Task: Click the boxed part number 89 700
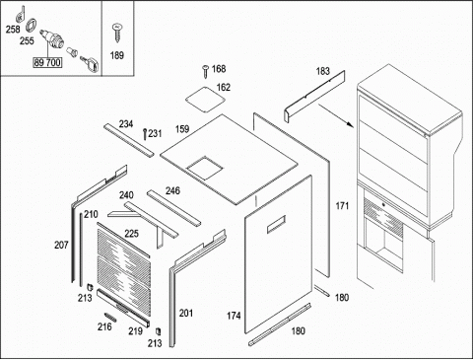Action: (x=47, y=62)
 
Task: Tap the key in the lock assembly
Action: (x=90, y=63)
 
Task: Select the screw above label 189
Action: (x=117, y=33)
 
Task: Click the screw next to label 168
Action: (x=205, y=71)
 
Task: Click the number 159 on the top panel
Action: (x=182, y=129)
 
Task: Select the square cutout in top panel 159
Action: (x=205, y=168)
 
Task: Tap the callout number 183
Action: (x=322, y=71)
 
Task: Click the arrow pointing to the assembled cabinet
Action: (x=335, y=115)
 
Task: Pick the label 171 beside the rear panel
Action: (x=342, y=206)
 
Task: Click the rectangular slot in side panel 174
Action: (x=276, y=224)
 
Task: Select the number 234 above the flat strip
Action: (x=126, y=124)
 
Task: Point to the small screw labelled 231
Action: (x=145, y=134)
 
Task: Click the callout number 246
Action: (x=172, y=190)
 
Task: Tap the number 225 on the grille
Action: (x=131, y=234)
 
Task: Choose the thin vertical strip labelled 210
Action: (x=81, y=249)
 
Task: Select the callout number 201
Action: (x=186, y=313)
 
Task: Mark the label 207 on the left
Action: (x=61, y=245)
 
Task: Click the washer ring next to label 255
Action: (x=31, y=26)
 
